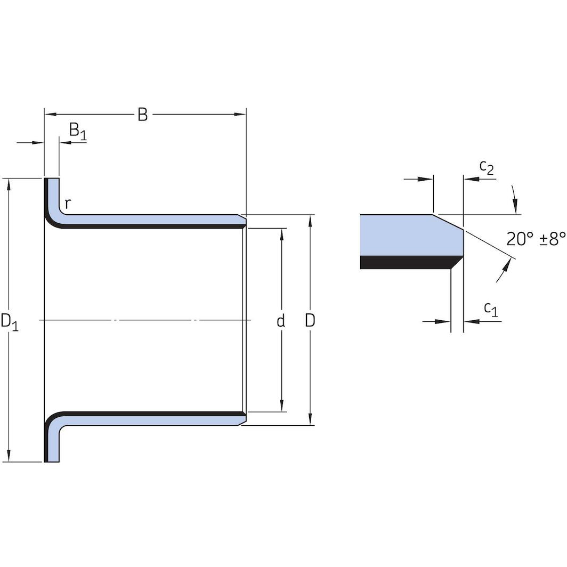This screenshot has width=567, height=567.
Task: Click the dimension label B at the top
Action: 142,115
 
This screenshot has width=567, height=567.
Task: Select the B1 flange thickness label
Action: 77,131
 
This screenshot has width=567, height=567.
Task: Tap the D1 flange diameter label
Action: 10,322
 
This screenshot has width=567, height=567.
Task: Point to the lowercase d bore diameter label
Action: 281,321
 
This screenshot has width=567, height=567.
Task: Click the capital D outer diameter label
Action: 310,321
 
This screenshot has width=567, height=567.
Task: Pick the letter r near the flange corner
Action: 68,203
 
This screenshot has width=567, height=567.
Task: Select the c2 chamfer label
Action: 487,167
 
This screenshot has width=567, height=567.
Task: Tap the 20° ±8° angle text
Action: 535,239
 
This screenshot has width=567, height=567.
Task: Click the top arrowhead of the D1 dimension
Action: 9,184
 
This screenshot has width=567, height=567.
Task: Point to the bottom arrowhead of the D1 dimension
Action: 9,456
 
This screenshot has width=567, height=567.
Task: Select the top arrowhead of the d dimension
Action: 282,233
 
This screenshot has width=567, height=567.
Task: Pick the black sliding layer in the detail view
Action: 405,262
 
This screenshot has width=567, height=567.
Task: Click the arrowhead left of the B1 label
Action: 64,143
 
